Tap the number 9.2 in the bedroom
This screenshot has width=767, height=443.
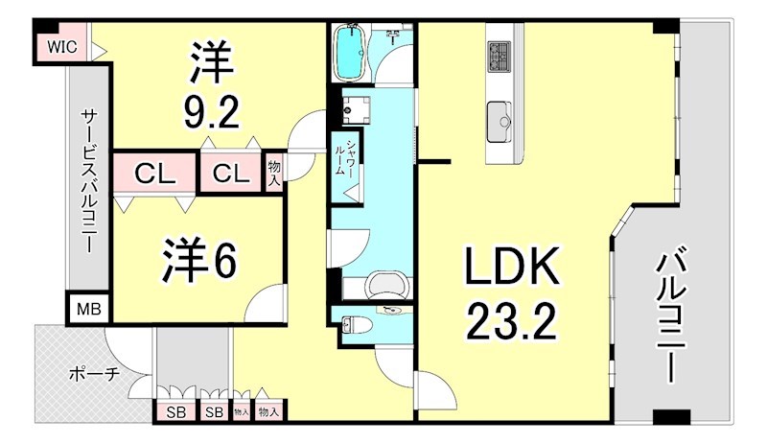(210, 114)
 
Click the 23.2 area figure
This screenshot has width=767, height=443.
(512, 324)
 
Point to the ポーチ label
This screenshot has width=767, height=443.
(93, 374)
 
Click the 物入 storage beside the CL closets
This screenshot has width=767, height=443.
(274, 174)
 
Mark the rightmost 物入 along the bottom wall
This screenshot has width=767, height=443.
(269, 411)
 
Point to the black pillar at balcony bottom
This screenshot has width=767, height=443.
(670, 417)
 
